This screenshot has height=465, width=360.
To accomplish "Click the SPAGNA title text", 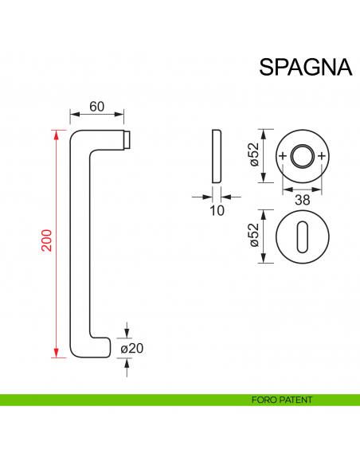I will (x=305, y=66).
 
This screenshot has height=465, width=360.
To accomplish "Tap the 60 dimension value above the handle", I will (x=97, y=107).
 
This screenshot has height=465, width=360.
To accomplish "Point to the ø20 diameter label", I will (x=131, y=348).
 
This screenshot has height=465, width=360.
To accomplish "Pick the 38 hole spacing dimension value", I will (x=302, y=201).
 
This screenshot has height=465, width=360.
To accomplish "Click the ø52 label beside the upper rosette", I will (x=254, y=154).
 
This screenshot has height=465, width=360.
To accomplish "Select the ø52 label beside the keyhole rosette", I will (x=254, y=235).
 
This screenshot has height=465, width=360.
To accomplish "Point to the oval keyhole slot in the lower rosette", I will (x=302, y=236).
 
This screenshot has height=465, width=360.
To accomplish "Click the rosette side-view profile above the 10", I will (x=217, y=154).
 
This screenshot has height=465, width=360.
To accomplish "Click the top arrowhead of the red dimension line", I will (x=56, y=133).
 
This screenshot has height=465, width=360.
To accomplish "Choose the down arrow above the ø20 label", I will (x=127, y=330).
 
